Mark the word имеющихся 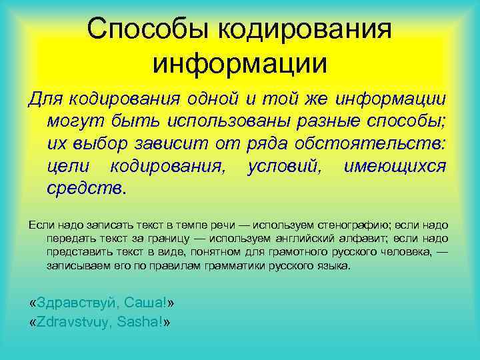pyautogui.click(x=394, y=166)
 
